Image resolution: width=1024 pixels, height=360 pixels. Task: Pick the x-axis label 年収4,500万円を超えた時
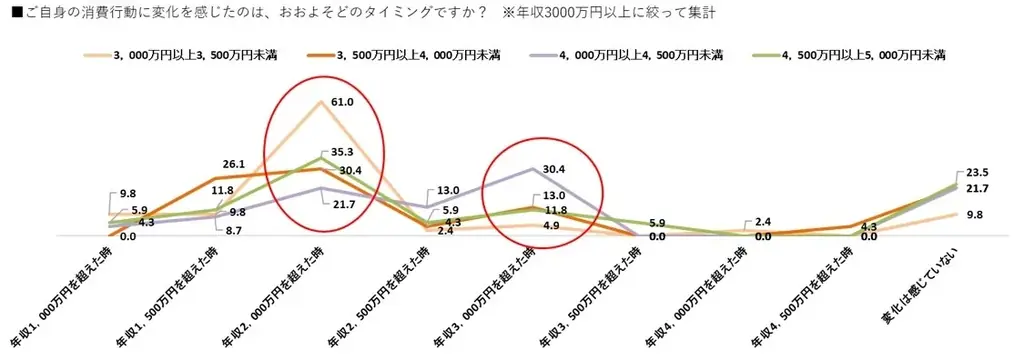[800, 295]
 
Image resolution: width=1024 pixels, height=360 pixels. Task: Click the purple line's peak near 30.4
[531, 169]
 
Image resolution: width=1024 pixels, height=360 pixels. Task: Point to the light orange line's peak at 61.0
[320, 101]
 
